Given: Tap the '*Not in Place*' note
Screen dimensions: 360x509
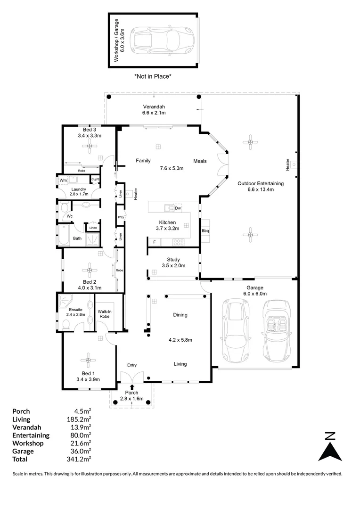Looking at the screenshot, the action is click(153, 76).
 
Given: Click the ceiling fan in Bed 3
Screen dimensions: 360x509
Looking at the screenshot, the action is click(89, 147).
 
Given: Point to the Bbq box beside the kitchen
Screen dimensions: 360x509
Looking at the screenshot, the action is click(205, 231).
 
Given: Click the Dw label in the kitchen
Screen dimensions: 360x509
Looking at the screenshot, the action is click(178, 208).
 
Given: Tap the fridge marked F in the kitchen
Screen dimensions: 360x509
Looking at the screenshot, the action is click(154, 242).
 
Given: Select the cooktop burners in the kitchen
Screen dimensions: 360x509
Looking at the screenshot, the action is click(179, 242).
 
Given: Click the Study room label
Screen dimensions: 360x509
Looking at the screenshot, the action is click(173, 260).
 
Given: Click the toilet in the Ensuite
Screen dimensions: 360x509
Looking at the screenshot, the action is click(66, 324).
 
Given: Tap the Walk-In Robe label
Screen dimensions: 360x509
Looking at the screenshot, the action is click(105, 313).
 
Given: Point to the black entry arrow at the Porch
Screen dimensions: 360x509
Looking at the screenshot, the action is click(131, 387).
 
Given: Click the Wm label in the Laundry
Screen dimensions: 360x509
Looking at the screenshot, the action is click(63, 180).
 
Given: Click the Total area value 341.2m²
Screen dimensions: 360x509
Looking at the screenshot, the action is click(80, 459).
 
